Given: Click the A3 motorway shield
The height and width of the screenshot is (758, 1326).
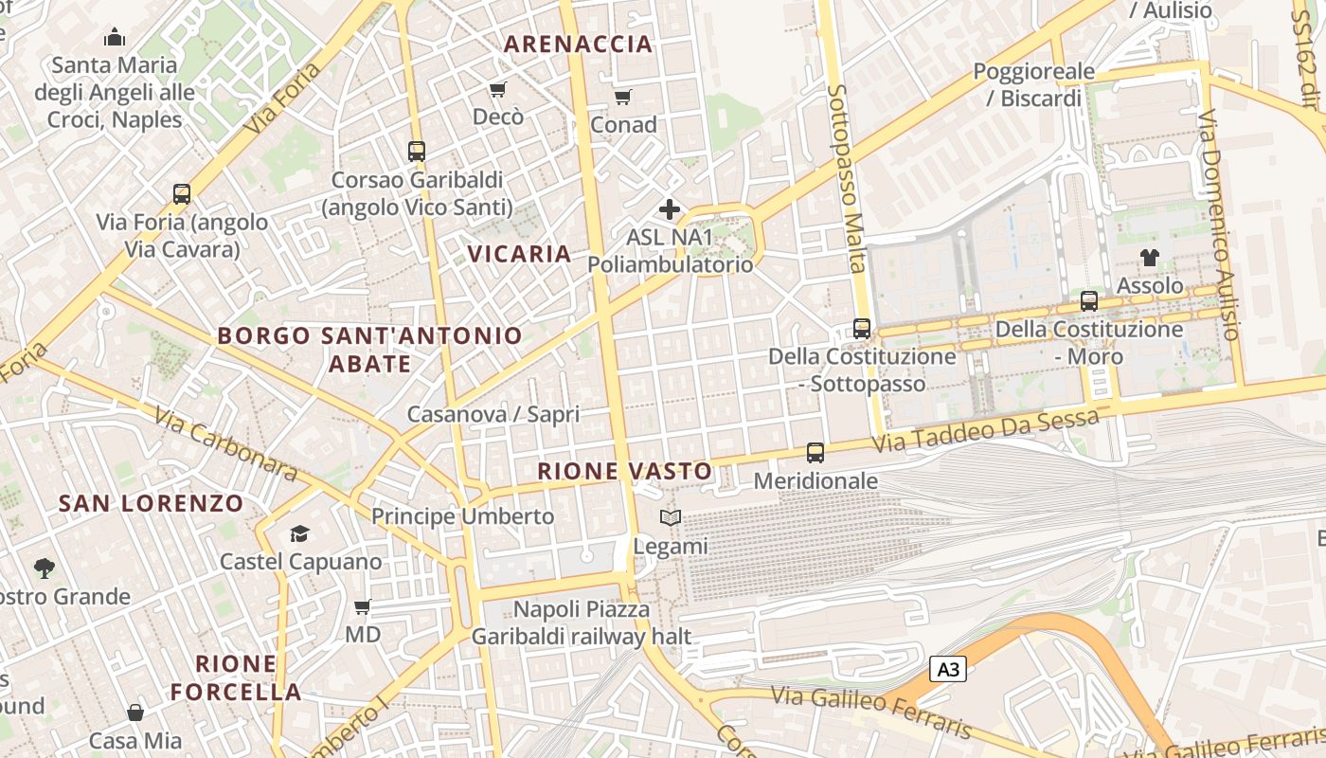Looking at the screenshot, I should tap(948, 670).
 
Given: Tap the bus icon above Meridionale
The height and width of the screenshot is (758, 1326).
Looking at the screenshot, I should tap(815, 453).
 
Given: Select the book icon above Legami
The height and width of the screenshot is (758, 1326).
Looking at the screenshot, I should tap(671, 517).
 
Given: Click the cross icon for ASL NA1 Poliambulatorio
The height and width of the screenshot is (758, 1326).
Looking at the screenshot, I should tap(670, 209).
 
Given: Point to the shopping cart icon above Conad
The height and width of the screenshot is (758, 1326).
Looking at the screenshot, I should tap(623, 97).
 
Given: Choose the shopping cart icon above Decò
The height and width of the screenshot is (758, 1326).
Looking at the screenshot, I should tap(498, 89).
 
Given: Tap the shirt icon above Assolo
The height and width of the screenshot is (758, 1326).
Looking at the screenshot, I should tap(1150, 257).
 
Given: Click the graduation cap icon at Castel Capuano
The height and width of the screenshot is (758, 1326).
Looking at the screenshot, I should tap(300, 533).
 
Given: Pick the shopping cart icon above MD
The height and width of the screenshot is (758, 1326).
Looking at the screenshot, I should tap(363, 606).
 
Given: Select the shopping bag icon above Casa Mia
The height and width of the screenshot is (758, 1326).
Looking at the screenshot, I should tap(135, 713).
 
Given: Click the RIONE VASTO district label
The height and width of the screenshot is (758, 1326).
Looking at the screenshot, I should tap(624, 471).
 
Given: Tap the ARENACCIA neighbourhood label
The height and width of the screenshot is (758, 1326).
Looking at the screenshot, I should tap(578, 44).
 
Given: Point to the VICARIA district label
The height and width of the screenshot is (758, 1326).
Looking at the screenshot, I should tap(520, 254).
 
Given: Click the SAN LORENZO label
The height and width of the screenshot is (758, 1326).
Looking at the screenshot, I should tap(152, 503).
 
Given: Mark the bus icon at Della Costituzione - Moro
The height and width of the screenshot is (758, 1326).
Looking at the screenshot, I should tap(1089, 301).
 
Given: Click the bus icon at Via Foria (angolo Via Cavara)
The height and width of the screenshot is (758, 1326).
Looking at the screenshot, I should tap(182, 194).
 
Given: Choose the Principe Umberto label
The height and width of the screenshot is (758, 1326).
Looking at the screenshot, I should tap(462, 516).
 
